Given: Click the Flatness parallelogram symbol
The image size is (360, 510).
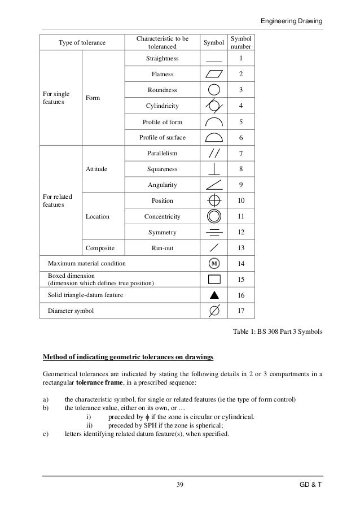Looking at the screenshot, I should tap(214, 74).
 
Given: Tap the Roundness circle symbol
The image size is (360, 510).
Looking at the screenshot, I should tap(214, 90).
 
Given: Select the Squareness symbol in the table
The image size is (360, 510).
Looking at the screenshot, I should tap(214, 169).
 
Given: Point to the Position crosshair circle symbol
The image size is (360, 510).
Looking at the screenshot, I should tap(214, 200).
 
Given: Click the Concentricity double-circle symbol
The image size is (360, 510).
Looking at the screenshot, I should tap(214, 216).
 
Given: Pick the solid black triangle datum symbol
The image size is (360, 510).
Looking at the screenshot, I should tap(214, 295).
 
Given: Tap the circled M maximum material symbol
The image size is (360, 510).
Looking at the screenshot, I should tap(214, 264).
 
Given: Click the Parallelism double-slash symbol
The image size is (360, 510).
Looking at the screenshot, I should tap(214, 153).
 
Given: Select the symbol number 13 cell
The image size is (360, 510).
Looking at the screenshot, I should tap(241, 248).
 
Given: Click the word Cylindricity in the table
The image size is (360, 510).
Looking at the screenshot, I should tap(162, 106).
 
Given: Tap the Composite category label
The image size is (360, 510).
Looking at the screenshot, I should tap(100, 248).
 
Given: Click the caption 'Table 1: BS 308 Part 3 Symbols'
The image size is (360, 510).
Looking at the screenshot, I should tap(277, 333).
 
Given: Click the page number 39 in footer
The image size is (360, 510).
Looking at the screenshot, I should tap(180, 485).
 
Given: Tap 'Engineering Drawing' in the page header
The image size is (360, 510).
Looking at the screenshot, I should tap(292, 21).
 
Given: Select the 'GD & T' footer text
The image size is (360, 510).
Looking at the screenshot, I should tap(310, 485).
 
